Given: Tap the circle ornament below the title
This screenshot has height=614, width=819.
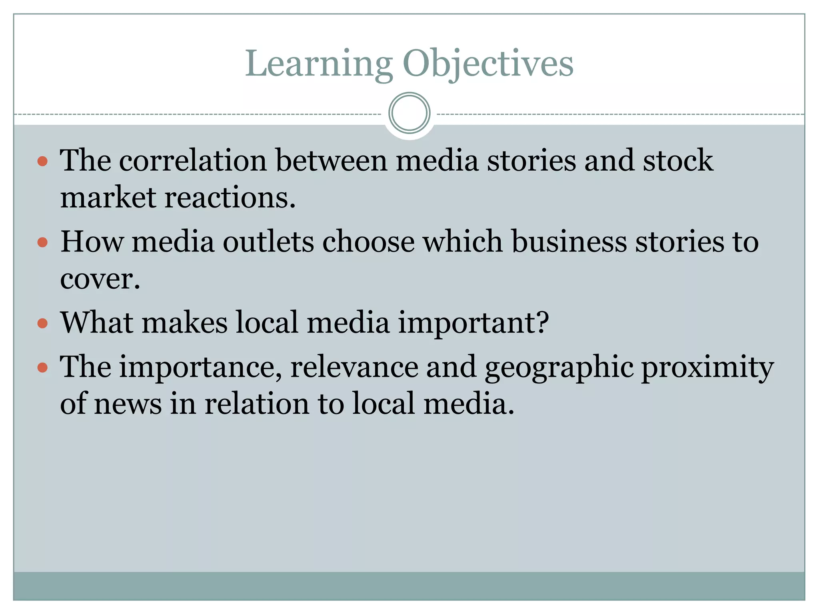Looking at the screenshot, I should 409,113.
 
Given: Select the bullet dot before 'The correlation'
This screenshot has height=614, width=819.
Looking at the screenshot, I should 42,161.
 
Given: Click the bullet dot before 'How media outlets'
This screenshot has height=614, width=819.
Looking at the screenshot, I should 42,243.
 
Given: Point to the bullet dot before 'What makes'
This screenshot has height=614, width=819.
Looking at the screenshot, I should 42,323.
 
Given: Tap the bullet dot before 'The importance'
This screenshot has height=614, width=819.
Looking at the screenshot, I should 42,367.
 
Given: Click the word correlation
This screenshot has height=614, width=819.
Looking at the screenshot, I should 193,161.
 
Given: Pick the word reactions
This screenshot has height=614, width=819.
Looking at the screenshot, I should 230,197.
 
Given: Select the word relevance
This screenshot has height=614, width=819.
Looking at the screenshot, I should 354,367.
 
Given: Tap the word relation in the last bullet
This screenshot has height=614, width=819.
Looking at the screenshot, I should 257,403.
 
